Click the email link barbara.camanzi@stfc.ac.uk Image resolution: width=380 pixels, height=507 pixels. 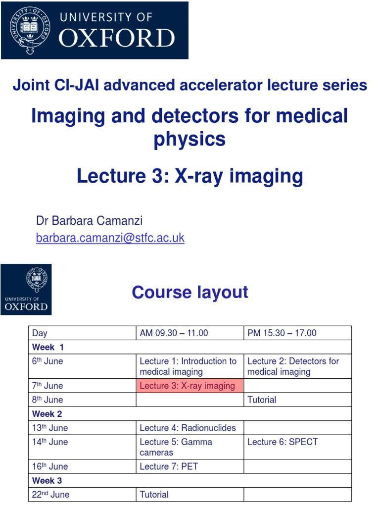(110, 238)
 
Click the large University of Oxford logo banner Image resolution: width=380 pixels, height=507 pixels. (95, 31)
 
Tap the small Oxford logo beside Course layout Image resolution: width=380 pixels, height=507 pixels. (26, 290)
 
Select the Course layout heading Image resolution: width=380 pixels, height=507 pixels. (190, 292)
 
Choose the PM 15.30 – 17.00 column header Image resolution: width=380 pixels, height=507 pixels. (282, 333)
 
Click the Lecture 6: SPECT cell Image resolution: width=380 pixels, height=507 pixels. (283, 442)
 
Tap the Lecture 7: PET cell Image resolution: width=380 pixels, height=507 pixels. (169, 466)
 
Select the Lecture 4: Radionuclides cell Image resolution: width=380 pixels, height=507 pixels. (188, 428)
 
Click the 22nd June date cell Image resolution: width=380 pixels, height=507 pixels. (50, 494)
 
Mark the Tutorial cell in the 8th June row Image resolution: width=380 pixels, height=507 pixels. (262, 400)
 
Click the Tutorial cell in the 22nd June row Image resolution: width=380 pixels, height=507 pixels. (154, 494)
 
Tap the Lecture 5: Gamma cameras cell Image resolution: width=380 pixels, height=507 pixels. (176, 447)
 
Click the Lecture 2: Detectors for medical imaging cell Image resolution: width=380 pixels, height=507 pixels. (293, 366)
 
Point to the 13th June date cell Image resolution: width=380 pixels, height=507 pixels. (50, 428)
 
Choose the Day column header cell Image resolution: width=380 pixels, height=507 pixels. (40, 333)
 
